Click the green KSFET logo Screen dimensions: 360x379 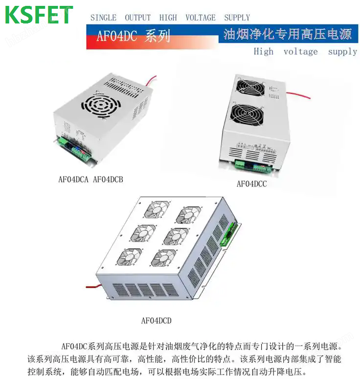pyautogui.click(x=39, y=15)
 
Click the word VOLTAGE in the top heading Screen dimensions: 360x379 pyautogui.click(x=201, y=18)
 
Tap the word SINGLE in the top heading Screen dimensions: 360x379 pyautogui.click(x=104, y=18)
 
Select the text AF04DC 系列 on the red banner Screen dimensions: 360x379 pyautogui.click(x=134, y=36)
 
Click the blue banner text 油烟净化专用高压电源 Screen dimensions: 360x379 pyautogui.click(x=288, y=34)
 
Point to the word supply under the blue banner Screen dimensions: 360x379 pyautogui.click(x=342, y=52)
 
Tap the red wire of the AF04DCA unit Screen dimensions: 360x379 pyautogui.click(x=151, y=80)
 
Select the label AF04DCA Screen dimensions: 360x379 pyautogui.click(x=73, y=179)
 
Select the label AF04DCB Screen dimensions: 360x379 pyautogui.click(x=108, y=179)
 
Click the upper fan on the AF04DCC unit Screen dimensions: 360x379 pyautogui.click(x=250, y=88)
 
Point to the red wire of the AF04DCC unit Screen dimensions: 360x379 pyautogui.click(x=298, y=95)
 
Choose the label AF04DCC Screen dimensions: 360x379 pyautogui.click(x=251, y=184)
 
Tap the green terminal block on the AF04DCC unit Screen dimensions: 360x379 pyautogui.click(x=253, y=166)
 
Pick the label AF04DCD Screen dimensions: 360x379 pyautogui.click(x=156, y=321)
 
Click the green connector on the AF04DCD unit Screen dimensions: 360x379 pyautogui.click(x=228, y=234)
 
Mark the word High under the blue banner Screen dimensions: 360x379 pyautogui.click(x=264, y=52)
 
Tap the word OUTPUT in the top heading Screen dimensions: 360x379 pyautogui.click(x=138, y=18)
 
